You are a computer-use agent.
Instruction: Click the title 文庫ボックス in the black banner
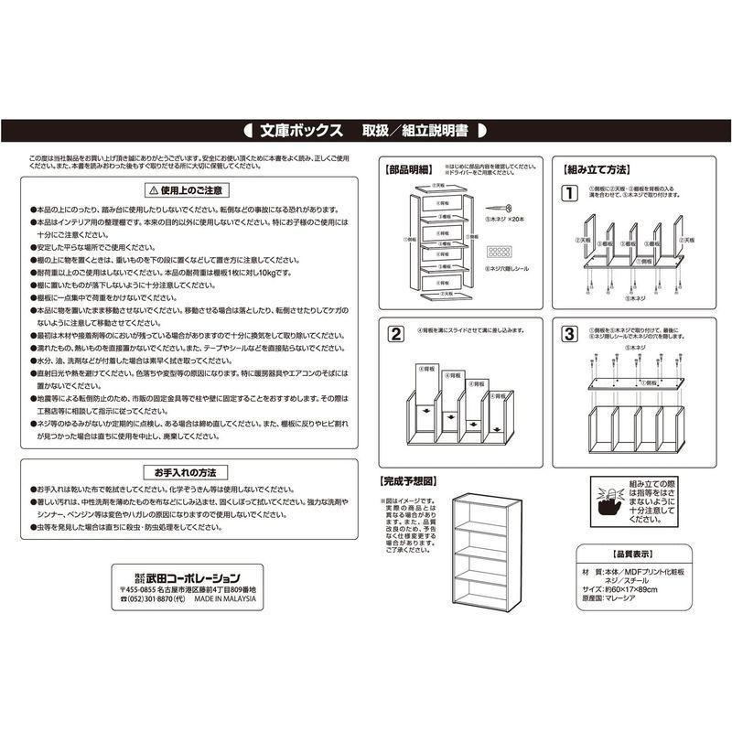click(301, 130)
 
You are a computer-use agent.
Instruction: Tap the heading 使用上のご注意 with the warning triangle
click(184, 190)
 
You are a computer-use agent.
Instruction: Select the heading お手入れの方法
click(184, 472)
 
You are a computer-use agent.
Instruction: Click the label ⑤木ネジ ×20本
click(505, 221)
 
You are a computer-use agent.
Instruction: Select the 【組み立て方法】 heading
click(595, 171)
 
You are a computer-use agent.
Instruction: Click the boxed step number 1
click(568, 193)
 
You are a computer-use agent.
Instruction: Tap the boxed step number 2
click(395, 333)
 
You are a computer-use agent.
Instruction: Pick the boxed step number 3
click(568, 333)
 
